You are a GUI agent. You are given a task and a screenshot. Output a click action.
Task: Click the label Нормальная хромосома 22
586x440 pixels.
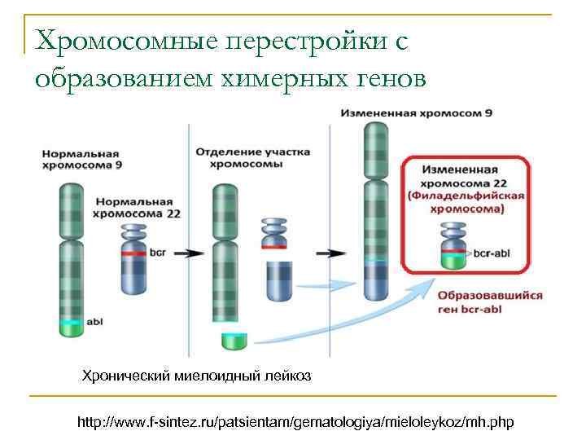pos(138,207)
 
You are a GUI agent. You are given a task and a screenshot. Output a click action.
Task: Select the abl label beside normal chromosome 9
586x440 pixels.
pos(94,321)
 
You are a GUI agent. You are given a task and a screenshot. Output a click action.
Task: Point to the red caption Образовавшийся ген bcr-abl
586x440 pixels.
pos(478,302)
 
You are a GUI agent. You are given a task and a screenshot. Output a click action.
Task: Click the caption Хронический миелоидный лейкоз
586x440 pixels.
pos(195,376)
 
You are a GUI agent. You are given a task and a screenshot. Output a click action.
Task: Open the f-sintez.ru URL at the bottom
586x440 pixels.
pos(295,423)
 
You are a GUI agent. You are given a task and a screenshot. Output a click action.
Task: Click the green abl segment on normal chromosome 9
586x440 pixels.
pos(71,327)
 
